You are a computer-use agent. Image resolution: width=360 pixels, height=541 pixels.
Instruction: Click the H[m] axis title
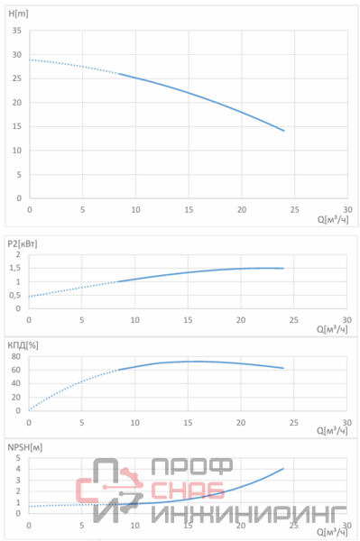(18, 14)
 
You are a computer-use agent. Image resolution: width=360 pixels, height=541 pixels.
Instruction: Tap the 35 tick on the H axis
(16, 31)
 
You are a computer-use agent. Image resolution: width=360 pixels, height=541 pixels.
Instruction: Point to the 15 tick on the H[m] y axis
(16, 126)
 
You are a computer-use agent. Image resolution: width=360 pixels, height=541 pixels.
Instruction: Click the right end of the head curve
(284, 131)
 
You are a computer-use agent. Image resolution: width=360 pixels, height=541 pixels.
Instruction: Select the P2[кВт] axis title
(23, 244)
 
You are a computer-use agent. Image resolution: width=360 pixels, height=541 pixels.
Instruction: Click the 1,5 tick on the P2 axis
(14, 268)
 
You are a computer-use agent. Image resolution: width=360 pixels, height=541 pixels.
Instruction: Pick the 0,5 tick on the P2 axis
(14, 296)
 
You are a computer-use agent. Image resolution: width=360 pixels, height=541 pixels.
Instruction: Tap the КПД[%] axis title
(23, 345)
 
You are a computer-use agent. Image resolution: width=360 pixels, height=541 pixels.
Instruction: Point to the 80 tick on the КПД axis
(16, 356)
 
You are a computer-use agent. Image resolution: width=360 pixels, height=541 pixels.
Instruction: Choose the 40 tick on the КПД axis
(16, 383)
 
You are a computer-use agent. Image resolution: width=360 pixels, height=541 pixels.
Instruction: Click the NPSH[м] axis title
(25, 447)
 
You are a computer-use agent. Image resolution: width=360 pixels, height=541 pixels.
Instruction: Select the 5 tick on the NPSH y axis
(18, 458)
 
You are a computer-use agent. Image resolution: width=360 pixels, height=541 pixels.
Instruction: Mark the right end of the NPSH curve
(283, 469)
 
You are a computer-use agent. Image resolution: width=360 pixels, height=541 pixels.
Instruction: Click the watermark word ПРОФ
(192, 467)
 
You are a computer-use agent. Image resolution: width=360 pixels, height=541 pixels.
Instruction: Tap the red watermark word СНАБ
(188, 491)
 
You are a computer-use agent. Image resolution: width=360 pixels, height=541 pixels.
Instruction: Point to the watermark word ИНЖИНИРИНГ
(248, 514)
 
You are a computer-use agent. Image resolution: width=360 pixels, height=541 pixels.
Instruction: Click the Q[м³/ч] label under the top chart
(333, 219)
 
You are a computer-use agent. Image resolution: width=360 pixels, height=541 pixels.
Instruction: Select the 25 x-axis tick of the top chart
(294, 210)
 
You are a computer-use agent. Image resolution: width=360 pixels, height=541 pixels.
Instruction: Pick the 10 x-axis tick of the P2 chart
(135, 320)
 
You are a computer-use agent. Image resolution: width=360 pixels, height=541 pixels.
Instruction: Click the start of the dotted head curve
(30, 60)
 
